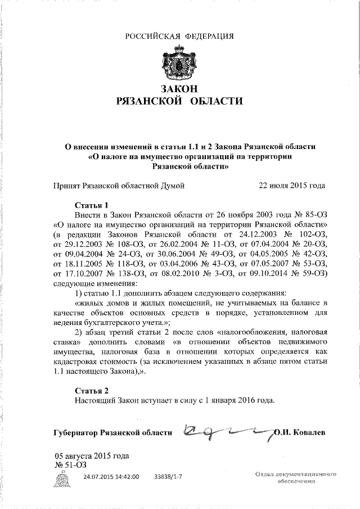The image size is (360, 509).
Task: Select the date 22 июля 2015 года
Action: pyautogui.click(x=291, y=184)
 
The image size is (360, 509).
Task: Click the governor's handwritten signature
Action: pyautogui.click(x=225, y=431)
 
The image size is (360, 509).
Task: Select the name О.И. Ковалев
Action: pyautogui.click(x=300, y=433)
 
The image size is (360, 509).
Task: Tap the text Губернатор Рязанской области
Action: pyautogui.click(x=112, y=433)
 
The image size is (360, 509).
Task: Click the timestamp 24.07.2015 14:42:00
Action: pyautogui.click(x=111, y=476)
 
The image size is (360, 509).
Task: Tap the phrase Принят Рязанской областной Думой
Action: pyautogui.click(x=119, y=184)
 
